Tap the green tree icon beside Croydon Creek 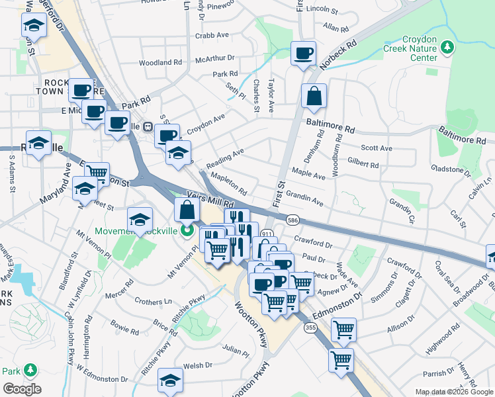(448, 47)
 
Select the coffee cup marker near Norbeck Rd (303, 54)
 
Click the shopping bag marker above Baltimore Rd (314, 96)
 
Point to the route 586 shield (291, 219)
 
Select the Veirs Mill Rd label (211, 197)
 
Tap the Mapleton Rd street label (228, 184)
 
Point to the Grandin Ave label (304, 198)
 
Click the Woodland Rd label (160, 63)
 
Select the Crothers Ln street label (153, 302)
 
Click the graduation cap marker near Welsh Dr (170, 380)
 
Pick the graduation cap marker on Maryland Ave (85, 189)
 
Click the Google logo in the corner (22, 388)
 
